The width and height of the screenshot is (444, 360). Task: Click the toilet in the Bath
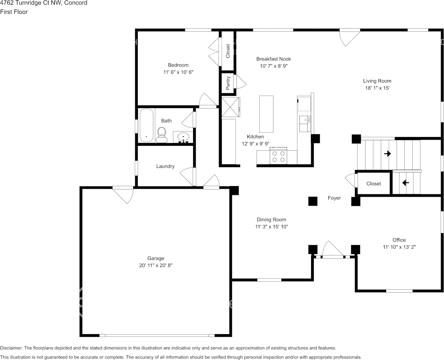coord(162,135)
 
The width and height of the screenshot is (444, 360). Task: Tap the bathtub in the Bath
coord(146,126)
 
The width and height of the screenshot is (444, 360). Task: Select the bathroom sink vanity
coord(184,137)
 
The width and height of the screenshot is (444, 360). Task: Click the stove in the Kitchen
coord(278,156)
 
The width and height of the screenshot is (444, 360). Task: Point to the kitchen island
coord(266,113)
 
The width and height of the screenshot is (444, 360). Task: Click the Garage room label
coord(156,258)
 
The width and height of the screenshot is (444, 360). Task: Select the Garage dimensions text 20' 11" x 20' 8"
coord(156,266)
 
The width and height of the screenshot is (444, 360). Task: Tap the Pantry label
coord(228,83)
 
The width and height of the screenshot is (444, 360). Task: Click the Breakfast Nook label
coord(273,59)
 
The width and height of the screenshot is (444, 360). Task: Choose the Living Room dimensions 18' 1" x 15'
coord(377,88)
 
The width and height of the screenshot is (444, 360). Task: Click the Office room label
coord(399,240)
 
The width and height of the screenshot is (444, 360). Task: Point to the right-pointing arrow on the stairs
coord(388,154)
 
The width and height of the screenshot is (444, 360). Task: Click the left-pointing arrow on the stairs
coord(406,183)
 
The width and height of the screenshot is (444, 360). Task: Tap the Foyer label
coord(334,198)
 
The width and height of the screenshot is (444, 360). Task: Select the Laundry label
coord(165,166)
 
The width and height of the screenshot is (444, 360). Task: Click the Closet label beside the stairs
coord(374,184)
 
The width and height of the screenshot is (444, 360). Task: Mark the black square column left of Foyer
coord(313,201)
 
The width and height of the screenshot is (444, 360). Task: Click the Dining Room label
coord(271,220)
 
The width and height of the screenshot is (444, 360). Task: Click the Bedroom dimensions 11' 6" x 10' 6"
coord(178,72)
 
